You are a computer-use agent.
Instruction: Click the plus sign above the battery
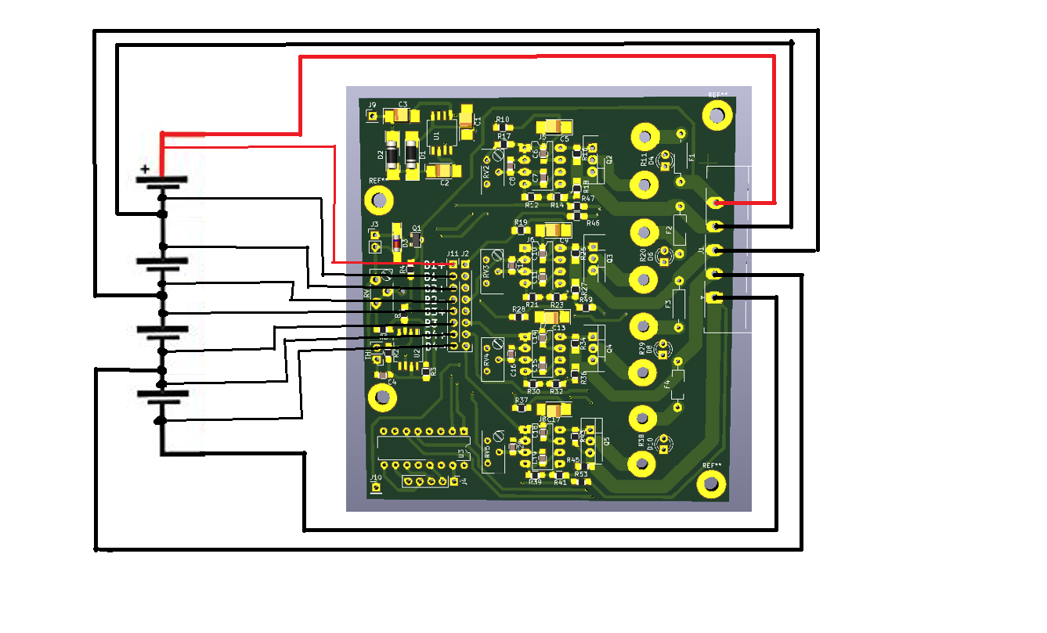144,168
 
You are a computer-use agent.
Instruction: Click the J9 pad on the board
373,117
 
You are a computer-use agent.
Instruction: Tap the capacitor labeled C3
402,116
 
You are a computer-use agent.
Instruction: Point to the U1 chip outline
441,138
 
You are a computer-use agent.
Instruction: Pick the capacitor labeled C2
443,171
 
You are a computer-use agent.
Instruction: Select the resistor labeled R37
521,409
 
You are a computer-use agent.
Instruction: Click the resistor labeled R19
522,232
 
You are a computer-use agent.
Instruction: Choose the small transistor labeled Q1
415,238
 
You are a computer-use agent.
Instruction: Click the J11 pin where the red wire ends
452,265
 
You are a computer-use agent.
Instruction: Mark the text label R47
588,199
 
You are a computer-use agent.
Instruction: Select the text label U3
461,453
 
